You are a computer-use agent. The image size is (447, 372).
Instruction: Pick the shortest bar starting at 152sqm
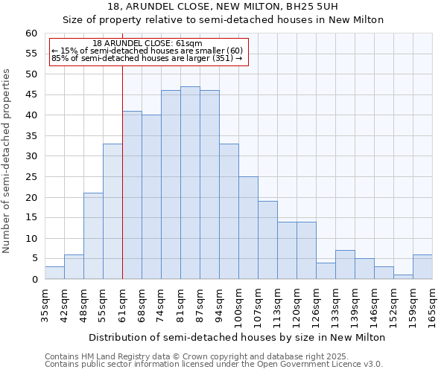[x=403, y=277]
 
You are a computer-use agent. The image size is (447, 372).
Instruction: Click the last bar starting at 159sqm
[x=422, y=267]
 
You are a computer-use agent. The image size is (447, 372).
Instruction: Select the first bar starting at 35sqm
[x=54, y=273]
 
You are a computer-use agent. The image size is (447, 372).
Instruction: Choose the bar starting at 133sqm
[x=345, y=265]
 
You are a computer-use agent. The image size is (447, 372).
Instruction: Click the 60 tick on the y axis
[x=31, y=33]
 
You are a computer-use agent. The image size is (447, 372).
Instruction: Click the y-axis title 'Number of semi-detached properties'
[x=7, y=161]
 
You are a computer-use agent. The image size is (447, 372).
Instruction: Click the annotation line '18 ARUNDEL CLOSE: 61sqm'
[x=148, y=43]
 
